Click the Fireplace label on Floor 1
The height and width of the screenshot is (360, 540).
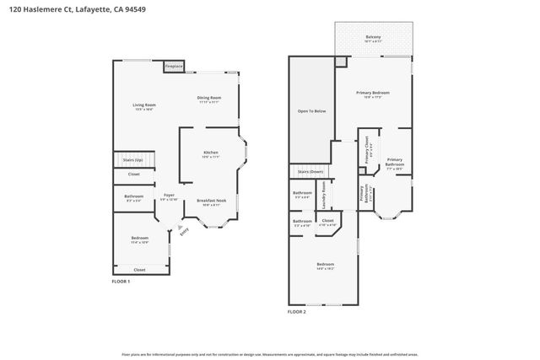[174, 65]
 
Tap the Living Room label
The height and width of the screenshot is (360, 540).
[144, 105]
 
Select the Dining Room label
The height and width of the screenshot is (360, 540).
[209, 98]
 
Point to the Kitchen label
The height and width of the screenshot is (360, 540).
[210, 153]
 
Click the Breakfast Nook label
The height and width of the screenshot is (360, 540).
[208, 201]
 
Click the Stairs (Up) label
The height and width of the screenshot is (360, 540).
[133, 159]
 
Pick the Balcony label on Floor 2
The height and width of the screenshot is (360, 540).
[372, 37]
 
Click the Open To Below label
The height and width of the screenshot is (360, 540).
[310, 110]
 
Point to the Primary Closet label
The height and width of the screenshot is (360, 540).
[367, 153]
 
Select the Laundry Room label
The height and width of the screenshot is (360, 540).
[324, 197]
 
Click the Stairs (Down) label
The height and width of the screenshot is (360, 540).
[310, 171]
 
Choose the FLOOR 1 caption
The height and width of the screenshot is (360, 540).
[121, 281]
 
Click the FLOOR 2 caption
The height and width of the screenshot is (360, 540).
[297, 311]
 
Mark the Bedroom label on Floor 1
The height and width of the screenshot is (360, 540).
[139, 238]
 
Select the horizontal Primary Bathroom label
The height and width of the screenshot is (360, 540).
[395, 161]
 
